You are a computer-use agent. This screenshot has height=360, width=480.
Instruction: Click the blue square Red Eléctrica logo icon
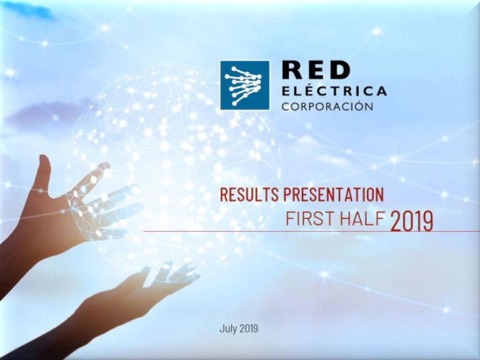click(245, 85)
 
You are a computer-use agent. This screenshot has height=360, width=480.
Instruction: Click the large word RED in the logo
click(316, 70)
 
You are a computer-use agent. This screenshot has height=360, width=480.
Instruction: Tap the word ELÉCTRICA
click(334, 91)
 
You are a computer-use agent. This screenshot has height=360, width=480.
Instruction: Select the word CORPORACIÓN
click(327, 106)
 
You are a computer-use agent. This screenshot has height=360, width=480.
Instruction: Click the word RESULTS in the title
click(249, 194)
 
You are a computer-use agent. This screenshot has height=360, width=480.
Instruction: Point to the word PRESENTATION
click(333, 194)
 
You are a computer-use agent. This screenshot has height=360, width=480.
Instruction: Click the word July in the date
click(228, 329)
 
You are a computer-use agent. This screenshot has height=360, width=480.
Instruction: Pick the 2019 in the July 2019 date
click(249, 329)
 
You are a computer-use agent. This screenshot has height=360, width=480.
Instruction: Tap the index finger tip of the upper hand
click(105, 166)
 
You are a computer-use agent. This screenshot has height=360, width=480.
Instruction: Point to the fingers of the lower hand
click(171, 274)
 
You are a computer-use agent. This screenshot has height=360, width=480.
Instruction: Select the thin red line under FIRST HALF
click(312, 231)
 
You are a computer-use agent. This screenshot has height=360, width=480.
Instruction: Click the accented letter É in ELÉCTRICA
click(303, 90)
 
